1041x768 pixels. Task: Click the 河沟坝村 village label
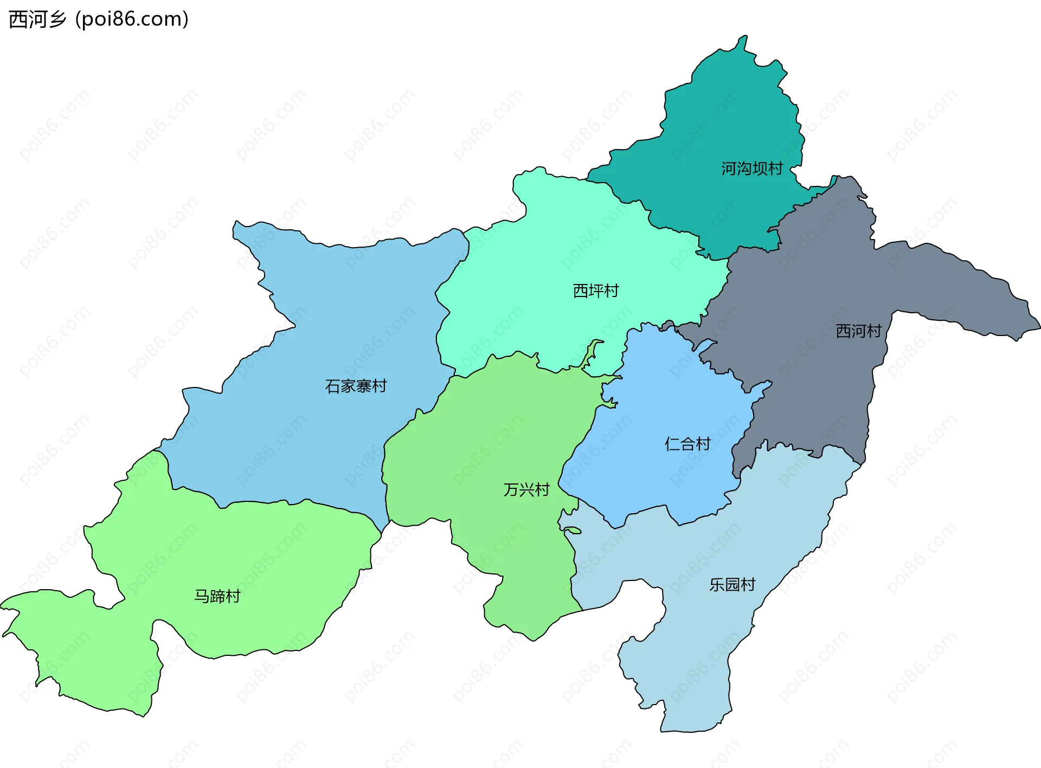click(751, 169)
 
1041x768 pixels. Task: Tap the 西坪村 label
click(595, 291)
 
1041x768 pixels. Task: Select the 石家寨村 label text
click(356, 386)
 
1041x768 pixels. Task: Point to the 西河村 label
click(858, 331)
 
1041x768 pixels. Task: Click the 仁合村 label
click(687, 444)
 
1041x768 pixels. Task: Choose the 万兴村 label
click(526, 489)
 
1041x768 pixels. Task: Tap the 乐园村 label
click(732, 584)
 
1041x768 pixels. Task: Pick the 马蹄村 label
click(217, 596)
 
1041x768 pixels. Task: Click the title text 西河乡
click(37, 20)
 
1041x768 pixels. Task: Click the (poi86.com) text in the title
click(132, 20)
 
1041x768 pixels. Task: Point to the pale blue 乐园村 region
click(694, 640)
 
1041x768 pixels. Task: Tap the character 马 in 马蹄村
click(202, 596)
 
